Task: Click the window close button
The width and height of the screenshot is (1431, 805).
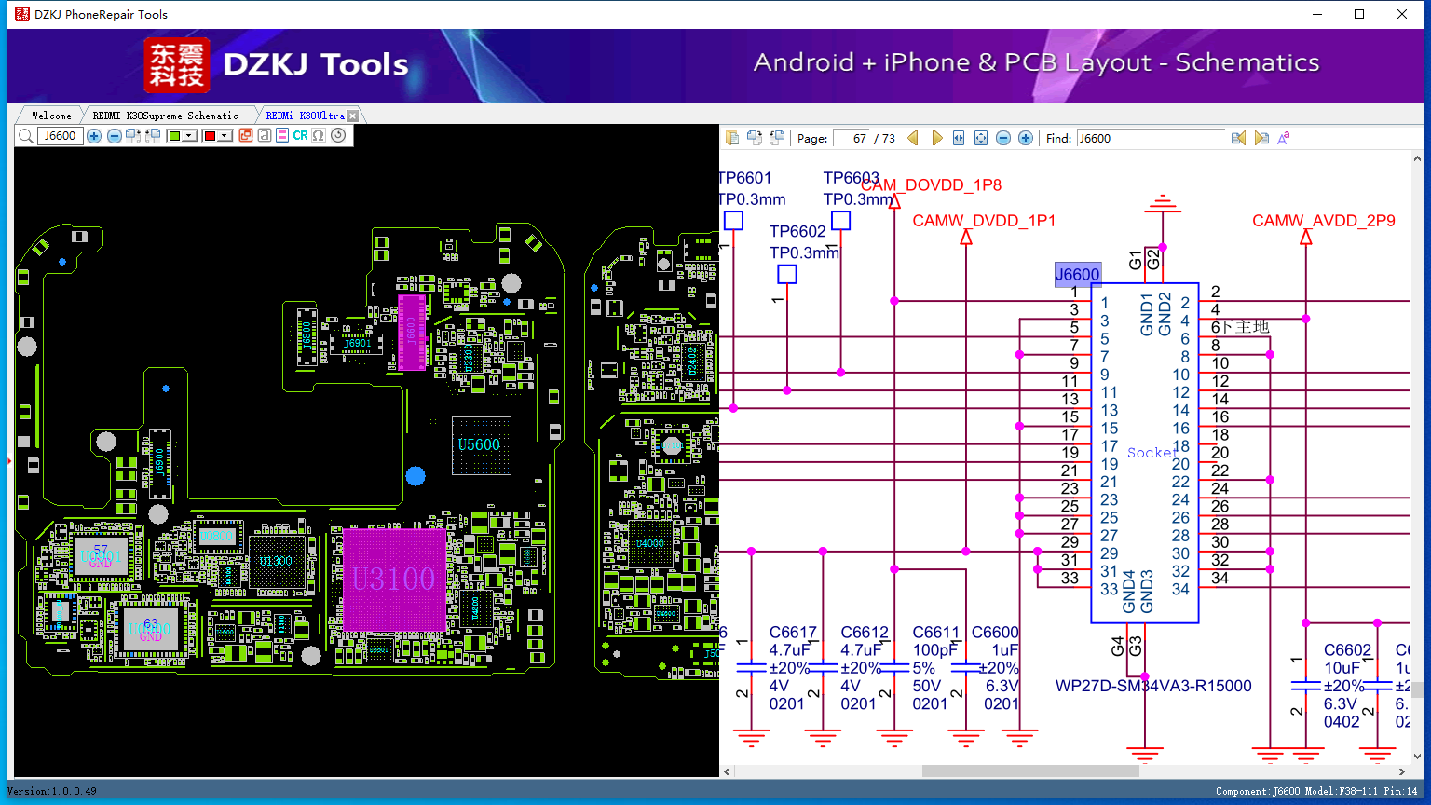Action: tap(1402, 14)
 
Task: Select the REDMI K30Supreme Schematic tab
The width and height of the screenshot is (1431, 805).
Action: tap(165, 116)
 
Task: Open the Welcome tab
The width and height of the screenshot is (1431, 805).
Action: tap(51, 116)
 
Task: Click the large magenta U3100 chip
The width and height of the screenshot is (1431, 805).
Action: tap(394, 580)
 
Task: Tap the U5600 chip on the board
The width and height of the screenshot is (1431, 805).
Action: tap(480, 445)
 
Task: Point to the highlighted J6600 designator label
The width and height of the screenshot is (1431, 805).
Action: tap(1077, 274)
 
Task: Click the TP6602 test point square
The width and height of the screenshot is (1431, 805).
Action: tap(787, 274)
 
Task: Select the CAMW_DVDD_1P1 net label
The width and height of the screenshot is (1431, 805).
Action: tap(984, 221)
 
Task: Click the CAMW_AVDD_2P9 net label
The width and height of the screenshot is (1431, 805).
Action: tap(1323, 221)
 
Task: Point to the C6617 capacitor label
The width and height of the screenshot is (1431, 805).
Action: tap(793, 633)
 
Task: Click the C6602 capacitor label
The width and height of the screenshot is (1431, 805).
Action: tap(1347, 650)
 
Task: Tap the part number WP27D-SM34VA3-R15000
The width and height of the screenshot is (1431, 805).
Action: tap(1152, 687)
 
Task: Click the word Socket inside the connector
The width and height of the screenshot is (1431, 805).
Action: tap(1152, 453)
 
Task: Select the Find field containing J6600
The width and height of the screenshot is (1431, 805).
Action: tap(1150, 138)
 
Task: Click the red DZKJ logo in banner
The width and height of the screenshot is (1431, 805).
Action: tap(177, 64)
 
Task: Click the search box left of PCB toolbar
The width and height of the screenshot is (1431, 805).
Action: tap(61, 136)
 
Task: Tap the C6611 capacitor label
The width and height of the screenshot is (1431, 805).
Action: tap(935, 633)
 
